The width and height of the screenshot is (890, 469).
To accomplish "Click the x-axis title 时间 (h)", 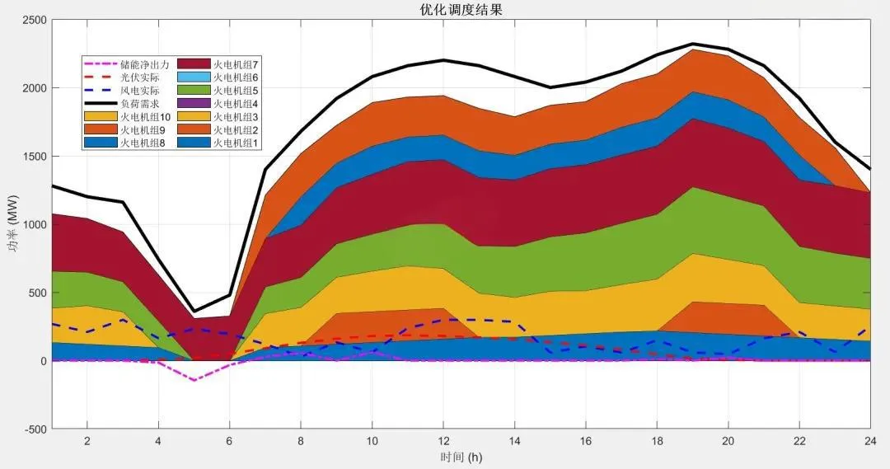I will tap(461, 456).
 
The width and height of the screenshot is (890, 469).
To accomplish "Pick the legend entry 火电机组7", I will tap(236, 64).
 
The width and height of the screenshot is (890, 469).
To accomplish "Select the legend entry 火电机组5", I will tap(236, 91).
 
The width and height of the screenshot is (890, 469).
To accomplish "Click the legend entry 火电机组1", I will tap(236, 143).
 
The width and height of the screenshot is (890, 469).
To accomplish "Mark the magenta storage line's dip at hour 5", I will tap(194, 380).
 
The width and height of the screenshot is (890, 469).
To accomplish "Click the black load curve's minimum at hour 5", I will tap(194, 312).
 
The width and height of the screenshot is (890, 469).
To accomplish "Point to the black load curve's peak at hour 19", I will tap(692, 44).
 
